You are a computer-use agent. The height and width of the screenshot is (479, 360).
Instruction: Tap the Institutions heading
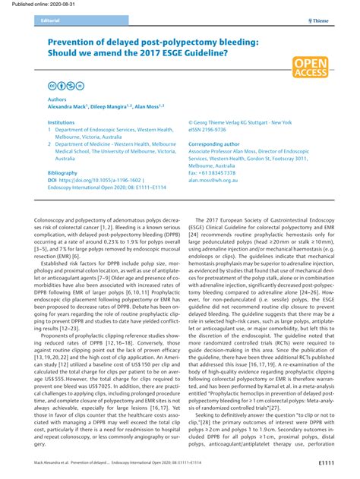tap(62, 121)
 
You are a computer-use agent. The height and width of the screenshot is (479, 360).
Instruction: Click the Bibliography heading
tap(62, 173)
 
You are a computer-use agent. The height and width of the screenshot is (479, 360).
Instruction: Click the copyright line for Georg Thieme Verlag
tap(250, 121)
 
